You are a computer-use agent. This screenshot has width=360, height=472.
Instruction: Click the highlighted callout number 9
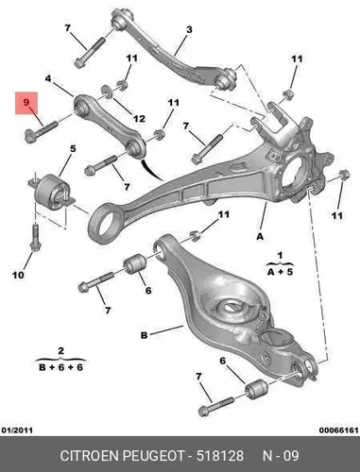(x=26, y=102)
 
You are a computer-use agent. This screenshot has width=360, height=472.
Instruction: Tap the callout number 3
(x=189, y=30)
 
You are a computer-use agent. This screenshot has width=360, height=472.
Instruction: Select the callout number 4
(x=48, y=78)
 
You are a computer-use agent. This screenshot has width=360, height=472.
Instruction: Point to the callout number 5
(x=73, y=148)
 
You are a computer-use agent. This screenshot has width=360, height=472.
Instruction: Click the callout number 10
(x=18, y=275)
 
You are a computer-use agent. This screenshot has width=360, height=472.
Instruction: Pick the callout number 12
(x=139, y=119)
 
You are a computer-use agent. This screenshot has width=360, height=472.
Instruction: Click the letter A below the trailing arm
(x=260, y=236)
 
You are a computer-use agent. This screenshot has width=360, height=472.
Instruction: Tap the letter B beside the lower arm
(x=144, y=335)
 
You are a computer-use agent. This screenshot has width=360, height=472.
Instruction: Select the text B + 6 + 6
(x=60, y=367)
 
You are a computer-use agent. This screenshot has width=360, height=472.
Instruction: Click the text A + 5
(x=280, y=272)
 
